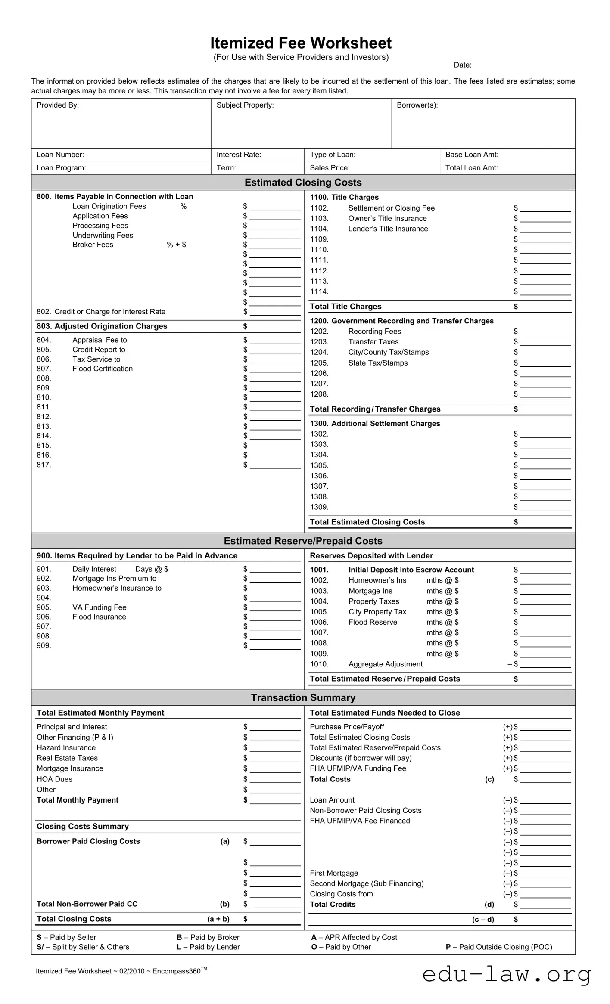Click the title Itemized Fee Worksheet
click(x=301, y=43)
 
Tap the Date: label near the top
click(x=462, y=65)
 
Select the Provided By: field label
click(x=58, y=105)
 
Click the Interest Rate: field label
click(x=239, y=155)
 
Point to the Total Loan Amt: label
click(x=471, y=168)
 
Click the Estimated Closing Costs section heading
click(x=303, y=183)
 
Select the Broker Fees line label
click(x=93, y=245)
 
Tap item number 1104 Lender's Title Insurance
click(x=319, y=229)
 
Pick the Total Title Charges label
click(x=345, y=307)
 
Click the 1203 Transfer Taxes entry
click(x=373, y=342)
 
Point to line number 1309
click(x=319, y=507)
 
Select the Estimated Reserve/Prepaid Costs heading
click(x=303, y=541)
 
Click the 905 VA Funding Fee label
click(x=99, y=607)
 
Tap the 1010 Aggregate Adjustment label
click(x=385, y=664)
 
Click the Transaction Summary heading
click(x=303, y=698)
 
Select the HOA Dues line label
click(x=54, y=779)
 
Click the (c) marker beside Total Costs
click(x=489, y=779)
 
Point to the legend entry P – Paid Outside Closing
click(x=498, y=947)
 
